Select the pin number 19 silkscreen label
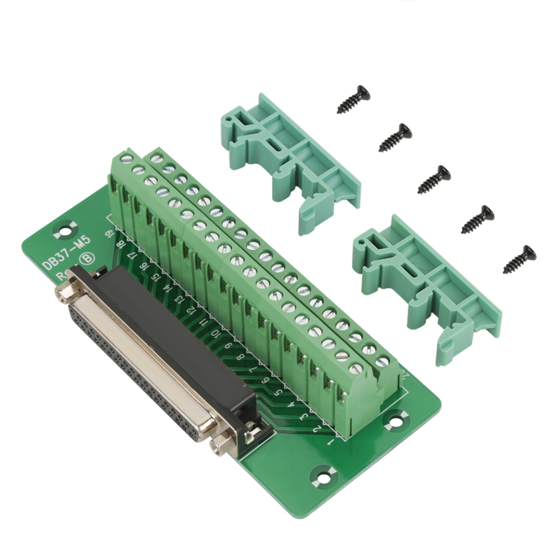pyautogui.click(x=109, y=233)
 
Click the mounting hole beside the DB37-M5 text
pyautogui.click(x=64, y=231)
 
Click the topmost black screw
pyautogui.click(x=354, y=99)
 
